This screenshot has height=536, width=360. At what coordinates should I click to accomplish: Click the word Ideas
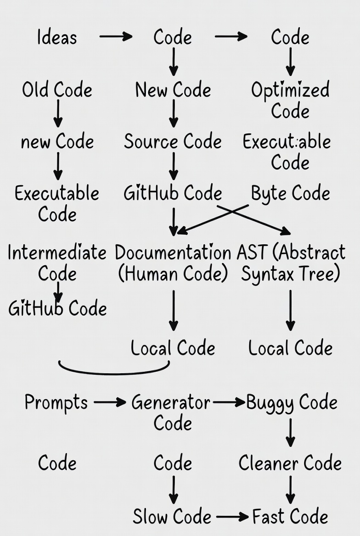point(57,37)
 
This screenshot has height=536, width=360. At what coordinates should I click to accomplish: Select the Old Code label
point(57,90)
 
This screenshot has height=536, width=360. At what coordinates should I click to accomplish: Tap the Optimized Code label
point(290,100)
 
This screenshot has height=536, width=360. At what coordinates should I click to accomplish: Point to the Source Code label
point(173,141)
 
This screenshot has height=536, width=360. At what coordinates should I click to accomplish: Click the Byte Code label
point(291,194)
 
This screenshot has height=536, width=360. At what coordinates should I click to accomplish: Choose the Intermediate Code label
point(57,263)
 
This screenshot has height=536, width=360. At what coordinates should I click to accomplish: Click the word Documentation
point(173,252)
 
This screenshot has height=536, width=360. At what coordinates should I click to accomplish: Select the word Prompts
point(56,402)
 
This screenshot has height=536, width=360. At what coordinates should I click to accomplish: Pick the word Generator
point(170,402)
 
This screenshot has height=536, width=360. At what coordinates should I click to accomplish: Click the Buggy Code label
point(292,403)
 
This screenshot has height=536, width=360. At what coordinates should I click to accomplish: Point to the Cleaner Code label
point(290,463)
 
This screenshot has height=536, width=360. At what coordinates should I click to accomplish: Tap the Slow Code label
point(172,516)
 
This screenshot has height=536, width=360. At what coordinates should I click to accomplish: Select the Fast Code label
point(290,516)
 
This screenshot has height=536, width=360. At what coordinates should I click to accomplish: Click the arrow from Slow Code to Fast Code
point(232,517)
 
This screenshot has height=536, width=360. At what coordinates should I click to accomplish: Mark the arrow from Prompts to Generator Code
point(110,402)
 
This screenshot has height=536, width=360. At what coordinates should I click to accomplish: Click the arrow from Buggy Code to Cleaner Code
point(290,433)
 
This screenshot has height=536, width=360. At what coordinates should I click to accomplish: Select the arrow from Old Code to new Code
point(58,113)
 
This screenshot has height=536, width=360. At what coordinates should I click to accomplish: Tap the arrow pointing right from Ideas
point(116,36)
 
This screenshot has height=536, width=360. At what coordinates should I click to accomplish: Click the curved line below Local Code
point(114,369)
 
